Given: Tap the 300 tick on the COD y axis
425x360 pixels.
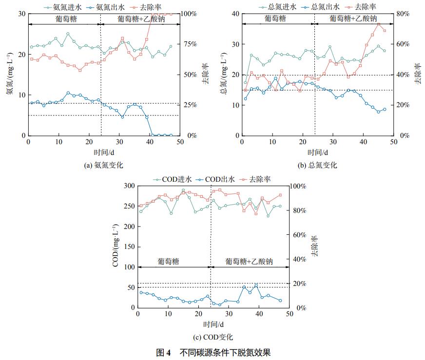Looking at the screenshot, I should click(128, 186).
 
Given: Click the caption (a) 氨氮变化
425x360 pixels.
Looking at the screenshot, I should click(105, 165).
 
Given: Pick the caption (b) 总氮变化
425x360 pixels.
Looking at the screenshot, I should click(317, 165).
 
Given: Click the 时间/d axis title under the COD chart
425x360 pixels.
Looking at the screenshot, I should click(213, 324).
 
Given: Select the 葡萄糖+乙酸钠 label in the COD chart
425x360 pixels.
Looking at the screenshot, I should click(249, 262).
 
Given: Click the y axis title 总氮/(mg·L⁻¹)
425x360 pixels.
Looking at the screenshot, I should click(223, 75).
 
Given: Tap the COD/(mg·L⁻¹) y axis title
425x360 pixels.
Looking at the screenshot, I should click(116, 246).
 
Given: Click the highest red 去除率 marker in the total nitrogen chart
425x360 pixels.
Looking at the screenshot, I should click(378, 24).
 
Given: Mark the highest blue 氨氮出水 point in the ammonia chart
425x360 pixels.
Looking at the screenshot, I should click(68, 93).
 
